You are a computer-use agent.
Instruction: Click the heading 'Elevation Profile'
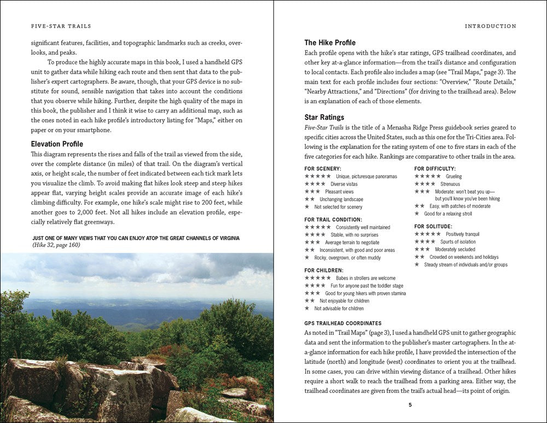57,144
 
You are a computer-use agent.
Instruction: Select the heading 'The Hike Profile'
330,43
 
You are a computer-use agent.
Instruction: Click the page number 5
410,405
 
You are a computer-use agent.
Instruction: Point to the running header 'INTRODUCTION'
490,26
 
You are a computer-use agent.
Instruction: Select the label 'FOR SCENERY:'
323,169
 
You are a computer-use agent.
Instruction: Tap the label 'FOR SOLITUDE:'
433,226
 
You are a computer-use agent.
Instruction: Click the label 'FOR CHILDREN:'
324,270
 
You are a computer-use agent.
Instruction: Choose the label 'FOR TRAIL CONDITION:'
333,219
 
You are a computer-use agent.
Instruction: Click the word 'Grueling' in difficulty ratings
453,177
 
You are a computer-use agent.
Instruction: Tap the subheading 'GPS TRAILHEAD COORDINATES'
343,323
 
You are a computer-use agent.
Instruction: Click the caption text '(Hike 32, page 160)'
56,246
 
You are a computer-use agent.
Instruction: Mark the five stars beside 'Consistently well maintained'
317,227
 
